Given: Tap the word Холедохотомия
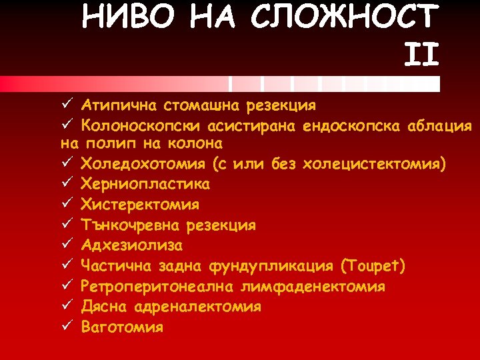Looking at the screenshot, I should coord(142,164).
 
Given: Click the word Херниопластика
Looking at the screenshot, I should coord(145,184).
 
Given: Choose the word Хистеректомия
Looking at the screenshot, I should coord(140,204).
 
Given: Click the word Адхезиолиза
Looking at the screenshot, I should coord(131,245).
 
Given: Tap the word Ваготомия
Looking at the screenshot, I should coord(121,327).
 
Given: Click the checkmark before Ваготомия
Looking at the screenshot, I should coord(66,327).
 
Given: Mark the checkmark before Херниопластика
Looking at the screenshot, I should coord(66,183).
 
